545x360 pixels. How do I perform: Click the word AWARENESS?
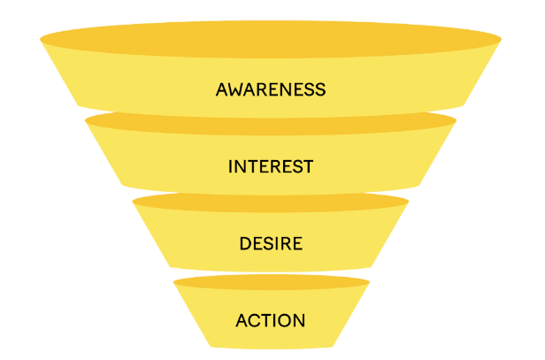point(271,89)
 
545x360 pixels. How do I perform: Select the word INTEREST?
point(271,166)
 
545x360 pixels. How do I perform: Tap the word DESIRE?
point(271,243)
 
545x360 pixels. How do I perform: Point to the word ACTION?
point(271,320)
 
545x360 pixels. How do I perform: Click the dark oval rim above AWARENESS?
point(271,35)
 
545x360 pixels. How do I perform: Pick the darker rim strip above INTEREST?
point(271,121)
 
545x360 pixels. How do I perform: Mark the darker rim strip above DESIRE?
point(271,202)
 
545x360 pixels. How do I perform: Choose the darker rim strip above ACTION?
point(271,282)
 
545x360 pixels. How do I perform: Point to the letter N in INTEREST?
point(240,166)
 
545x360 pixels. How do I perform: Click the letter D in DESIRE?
point(245,243)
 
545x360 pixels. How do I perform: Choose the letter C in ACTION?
point(255,320)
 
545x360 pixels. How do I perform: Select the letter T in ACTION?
point(267,320)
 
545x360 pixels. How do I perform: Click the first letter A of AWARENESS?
point(221,89)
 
